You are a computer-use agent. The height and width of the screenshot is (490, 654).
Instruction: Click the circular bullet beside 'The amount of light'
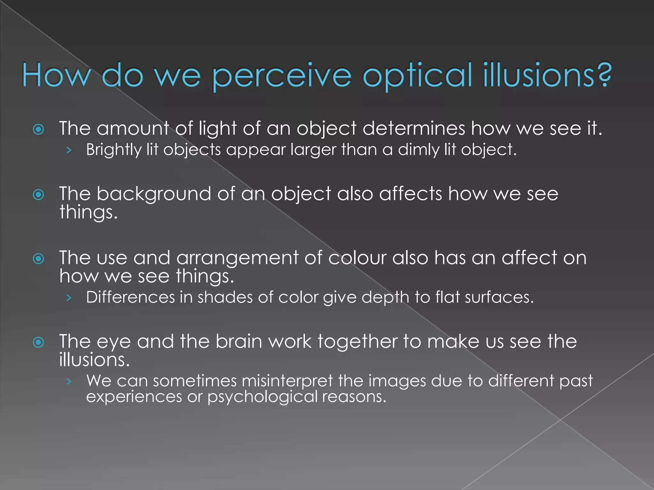click(x=39, y=129)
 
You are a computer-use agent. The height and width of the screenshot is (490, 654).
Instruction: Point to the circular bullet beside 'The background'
click(x=39, y=195)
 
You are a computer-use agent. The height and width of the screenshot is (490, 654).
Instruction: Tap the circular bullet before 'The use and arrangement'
click(x=39, y=258)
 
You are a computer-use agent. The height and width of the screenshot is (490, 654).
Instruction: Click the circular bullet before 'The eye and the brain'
click(x=39, y=343)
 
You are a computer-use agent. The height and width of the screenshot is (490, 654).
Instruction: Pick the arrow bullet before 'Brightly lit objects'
click(x=68, y=150)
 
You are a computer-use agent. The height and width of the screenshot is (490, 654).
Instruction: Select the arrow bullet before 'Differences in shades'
click(x=68, y=298)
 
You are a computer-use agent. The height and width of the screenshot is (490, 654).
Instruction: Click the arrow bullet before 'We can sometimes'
click(x=68, y=381)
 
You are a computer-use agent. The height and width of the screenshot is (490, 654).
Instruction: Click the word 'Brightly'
click(x=113, y=150)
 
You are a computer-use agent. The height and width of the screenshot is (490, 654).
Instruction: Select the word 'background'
click(x=154, y=194)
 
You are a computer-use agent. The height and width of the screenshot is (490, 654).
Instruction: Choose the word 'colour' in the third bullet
click(x=357, y=258)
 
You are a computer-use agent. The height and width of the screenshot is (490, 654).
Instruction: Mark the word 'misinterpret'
click(x=287, y=381)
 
